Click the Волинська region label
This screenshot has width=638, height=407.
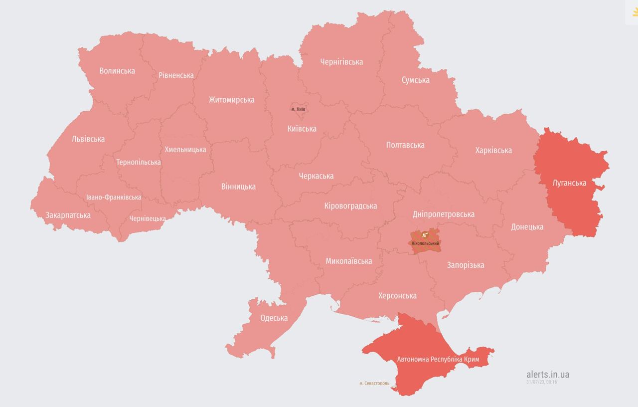117,71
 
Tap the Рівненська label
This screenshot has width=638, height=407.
176,75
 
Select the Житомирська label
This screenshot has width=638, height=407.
231,100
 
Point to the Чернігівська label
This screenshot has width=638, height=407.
341,62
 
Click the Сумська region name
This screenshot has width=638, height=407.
415,80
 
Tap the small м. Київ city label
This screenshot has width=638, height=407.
298,109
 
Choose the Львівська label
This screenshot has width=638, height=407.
88,139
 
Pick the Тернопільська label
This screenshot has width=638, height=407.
138,162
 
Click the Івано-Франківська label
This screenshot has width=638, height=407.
114,197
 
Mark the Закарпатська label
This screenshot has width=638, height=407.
68,215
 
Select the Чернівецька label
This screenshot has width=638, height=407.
148,218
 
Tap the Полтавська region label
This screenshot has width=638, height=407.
405,145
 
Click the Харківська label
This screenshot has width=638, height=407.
493,150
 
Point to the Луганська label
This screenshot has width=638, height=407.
569,183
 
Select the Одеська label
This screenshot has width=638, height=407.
274,318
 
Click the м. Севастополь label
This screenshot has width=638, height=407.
374,384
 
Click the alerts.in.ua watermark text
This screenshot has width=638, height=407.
548,374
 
